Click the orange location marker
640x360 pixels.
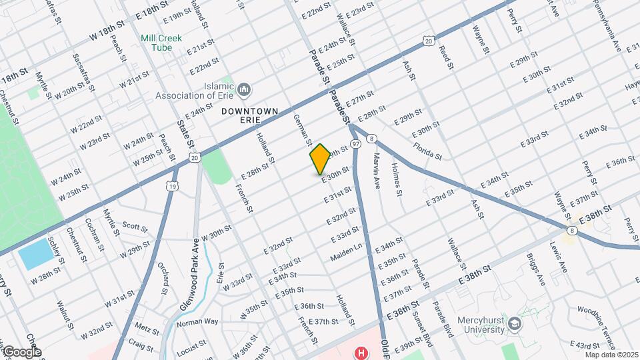pyautogui.click(x=320, y=159)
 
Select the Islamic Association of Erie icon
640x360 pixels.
pyautogui.click(x=244, y=89)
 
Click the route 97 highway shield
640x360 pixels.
pyautogui.click(x=355, y=144)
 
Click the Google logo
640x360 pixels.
pyautogui.click(x=21, y=352)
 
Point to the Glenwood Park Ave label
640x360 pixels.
pyautogui.click(x=189, y=274)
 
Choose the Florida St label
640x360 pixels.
pyautogui.click(x=427, y=151)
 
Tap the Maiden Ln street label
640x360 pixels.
pyautogui.click(x=345, y=253)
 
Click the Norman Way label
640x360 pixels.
pyautogui.click(x=197, y=321)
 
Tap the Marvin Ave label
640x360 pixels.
pyautogui.click(x=377, y=169)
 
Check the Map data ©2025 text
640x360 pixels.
pyautogui.click(x=611, y=354)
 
